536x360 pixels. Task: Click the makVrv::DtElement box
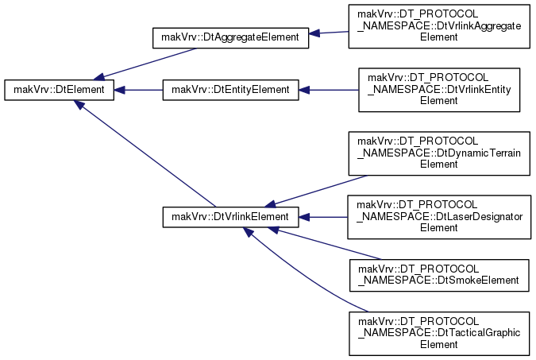(x=59, y=90)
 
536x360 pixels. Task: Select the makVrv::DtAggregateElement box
(x=230, y=37)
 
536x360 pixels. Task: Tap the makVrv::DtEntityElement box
(x=230, y=90)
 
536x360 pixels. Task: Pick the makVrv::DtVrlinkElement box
(x=230, y=217)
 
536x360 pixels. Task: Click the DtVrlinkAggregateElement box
(x=439, y=26)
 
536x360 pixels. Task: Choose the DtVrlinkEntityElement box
(x=439, y=90)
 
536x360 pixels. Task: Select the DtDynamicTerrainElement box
(x=439, y=153)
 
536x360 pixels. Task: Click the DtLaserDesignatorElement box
(x=439, y=217)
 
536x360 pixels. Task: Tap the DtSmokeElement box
(x=439, y=275)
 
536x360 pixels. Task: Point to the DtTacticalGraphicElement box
(x=439, y=334)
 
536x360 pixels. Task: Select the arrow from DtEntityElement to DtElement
(x=138, y=90)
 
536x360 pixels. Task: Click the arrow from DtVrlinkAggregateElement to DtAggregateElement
(x=329, y=33)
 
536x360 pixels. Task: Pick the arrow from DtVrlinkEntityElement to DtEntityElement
(x=329, y=90)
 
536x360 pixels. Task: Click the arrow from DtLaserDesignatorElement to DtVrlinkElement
(x=323, y=217)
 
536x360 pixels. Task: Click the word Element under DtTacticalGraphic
(x=438, y=344)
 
